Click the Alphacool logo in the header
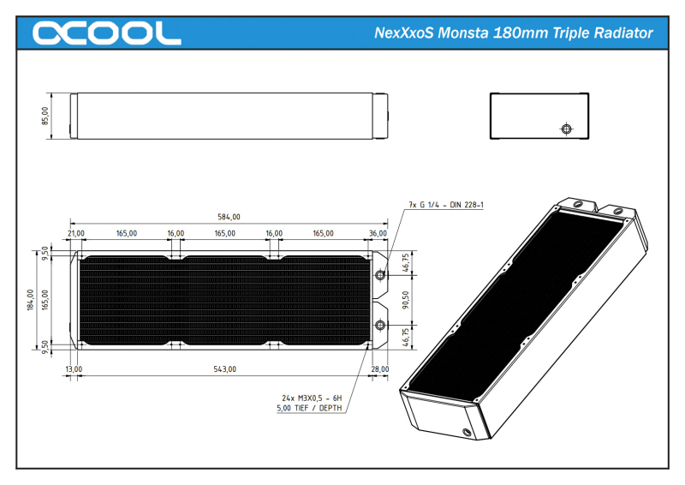pyautogui.click(x=106, y=33)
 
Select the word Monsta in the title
pyautogui.click(x=462, y=33)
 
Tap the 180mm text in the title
pyautogui.click(x=525, y=33)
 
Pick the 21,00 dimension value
pyautogui.click(x=76, y=233)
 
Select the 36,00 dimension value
pyautogui.click(x=378, y=233)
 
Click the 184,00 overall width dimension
pyautogui.click(x=31, y=300)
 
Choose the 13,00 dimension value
pyautogui.click(x=74, y=369)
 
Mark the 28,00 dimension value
pyautogui.click(x=380, y=369)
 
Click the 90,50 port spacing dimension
pyautogui.click(x=405, y=300)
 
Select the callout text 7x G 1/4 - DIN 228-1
pyautogui.click(x=446, y=205)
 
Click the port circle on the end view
pyautogui.click(x=565, y=129)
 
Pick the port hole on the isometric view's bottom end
pyautogui.click(x=467, y=431)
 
